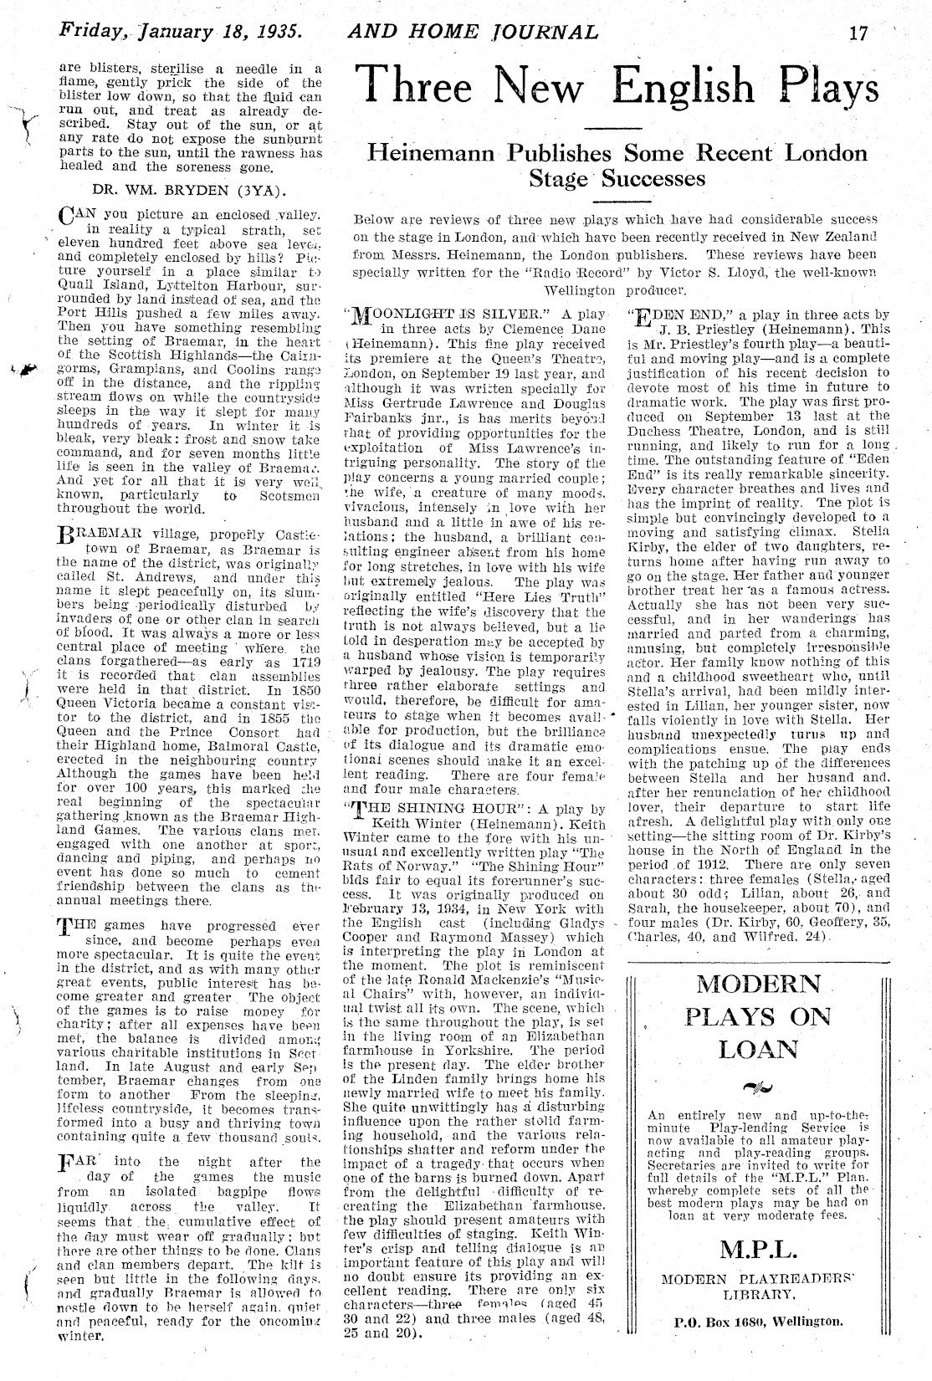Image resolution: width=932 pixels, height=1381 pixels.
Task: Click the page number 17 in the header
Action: pyautogui.click(x=858, y=33)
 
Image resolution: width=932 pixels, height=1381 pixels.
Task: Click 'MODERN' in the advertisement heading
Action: pyautogui.click(x=759, y=984)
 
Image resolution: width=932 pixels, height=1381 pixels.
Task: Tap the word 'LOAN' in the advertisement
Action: pyautogui.click(x=758, y=1049)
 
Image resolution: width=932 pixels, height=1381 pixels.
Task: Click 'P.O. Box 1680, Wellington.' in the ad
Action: pyautogui.click(x=758, y=1322)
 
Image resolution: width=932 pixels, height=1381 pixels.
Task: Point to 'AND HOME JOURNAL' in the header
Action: pyautogui.click(x=473, y=33)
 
